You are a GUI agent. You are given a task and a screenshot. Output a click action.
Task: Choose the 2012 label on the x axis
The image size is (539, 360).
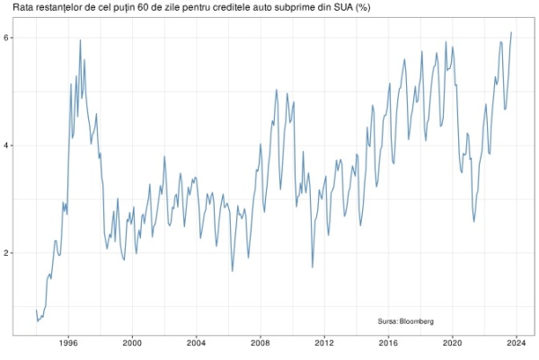point(324,343)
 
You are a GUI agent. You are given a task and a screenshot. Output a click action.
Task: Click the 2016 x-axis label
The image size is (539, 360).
point(388,343)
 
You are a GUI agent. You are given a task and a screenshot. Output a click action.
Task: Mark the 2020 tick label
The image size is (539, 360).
point(453,343)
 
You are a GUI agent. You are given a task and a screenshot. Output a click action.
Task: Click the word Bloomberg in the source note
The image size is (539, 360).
point(417,320)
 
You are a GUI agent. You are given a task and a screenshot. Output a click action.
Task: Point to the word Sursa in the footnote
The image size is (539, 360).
point(388,320)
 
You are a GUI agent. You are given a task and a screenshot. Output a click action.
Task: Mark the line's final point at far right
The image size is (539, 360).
point(511,32)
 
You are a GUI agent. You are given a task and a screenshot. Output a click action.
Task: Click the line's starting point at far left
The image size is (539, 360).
point(36,311)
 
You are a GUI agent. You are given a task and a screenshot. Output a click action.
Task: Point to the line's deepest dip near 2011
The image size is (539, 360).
point(312,268)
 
